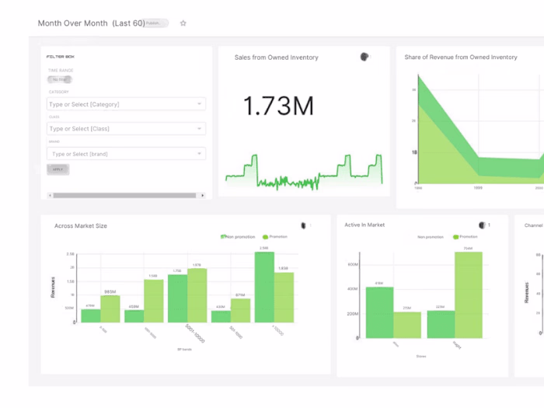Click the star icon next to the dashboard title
(183, 23)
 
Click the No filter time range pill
(60, 79)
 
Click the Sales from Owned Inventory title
(277, 58)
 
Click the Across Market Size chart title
(81, 226)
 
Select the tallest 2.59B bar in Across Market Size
(264, 287)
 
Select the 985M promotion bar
(110, 309)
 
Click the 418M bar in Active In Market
(379, 312)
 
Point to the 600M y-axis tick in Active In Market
(352, 264)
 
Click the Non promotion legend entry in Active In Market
(431, 236)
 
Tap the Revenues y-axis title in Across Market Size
(54, 288)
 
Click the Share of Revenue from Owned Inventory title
(461, 58)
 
